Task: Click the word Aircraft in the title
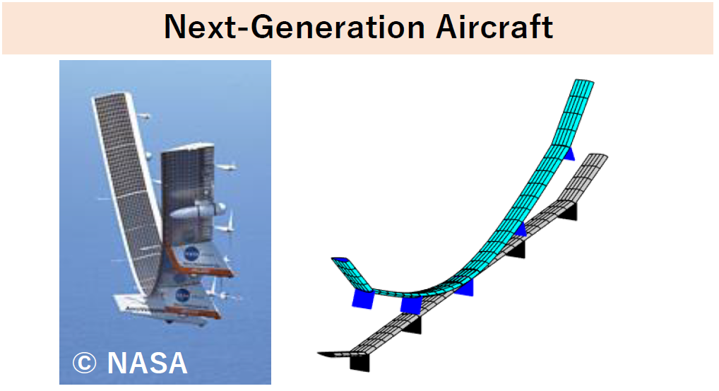tap(494, 27)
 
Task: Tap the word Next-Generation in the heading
tap(295, 27)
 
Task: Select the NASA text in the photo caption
tap(147, 363)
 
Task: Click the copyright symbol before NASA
tap(84, 363)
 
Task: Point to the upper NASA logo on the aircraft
tap(191, 253)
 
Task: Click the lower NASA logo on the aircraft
tap(183, 295)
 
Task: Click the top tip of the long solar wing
tap(112, 95)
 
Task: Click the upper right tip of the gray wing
tap(600, 156)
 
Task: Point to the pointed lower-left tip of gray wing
tap(320, 354)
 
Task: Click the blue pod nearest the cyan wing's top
tap(569, 154)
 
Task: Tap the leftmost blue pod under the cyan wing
tap(363, 299)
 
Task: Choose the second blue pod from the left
tap(410, 305)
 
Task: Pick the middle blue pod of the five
tap(465, 288)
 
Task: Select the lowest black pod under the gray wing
tap(359, 363)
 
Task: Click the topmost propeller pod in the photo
tap(143, 117)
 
